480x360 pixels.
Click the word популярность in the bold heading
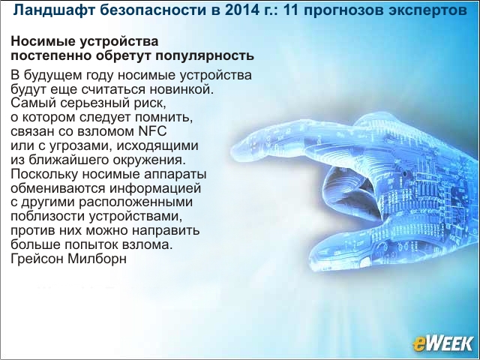pyautogui.click(x=205, y=56)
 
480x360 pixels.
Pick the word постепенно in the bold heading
pyautogui.click(x=51, y=56)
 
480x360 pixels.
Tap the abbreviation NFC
pyautogui.click(x=153, y=131)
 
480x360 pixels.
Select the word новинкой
pyautogui.click(x=181, y=89)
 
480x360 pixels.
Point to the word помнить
pyautogui.click(x=163, y=117)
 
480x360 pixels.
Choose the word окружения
pyautogui.click(x=149, y=160)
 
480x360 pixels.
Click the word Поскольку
pyautogui.click(x=44, y=173)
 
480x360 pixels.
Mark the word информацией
pyautogui.click(x=155, y=188)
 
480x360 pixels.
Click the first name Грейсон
pyautogui.click(x=37, y=259)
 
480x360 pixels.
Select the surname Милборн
pyautogui.click(x=97, y=258)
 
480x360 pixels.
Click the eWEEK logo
pyautogui.click(x=442, y=344)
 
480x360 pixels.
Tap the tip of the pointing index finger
pyautogui.click(x=232, y=151)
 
